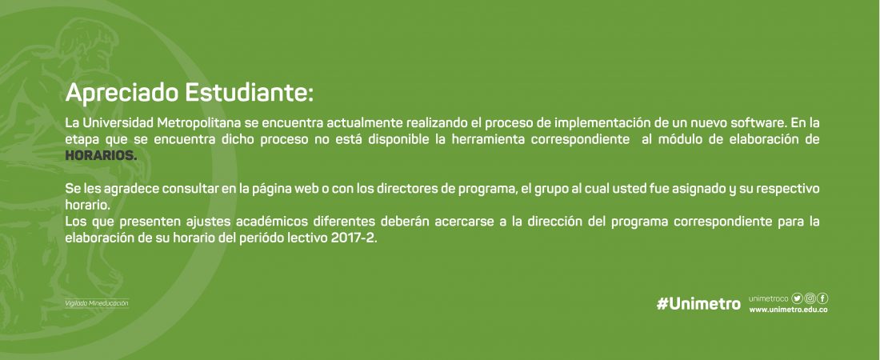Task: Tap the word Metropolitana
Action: [x=199, y=123]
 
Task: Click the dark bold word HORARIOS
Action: [x=101, y=156]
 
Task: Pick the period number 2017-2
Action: [x=354, y=238]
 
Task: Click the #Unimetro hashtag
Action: [x=698, y=304]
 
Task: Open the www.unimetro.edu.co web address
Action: [x=789, y=310]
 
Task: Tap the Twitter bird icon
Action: [x=797, y=298]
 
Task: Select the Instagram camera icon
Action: [x=810, y=298]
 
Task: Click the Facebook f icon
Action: [x=822, y=298]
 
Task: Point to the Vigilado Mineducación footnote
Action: [x=97, y=303]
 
